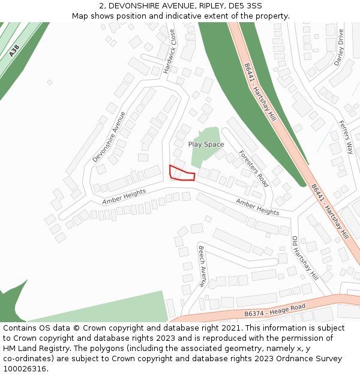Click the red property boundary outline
[182, 173]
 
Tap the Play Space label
[206, 145]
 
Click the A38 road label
[15, 52]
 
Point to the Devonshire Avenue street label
[109, 137]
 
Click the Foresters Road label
[253, 169]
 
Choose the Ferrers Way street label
[346, 137]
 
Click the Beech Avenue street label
[202, 265]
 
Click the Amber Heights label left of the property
[124, 197]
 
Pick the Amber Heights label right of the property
[257, 208]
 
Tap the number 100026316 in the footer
[25, 368]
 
